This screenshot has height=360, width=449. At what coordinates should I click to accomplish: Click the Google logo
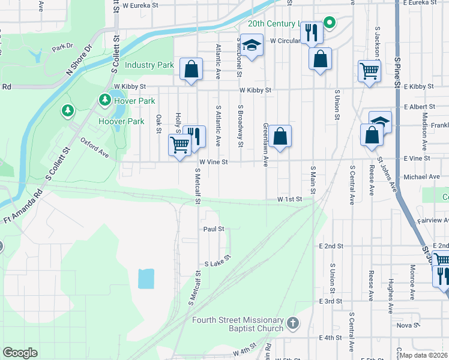pyautogui.click(x=20, y=353)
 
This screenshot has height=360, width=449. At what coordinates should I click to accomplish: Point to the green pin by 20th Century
pyautogui.click(x=329, y=23)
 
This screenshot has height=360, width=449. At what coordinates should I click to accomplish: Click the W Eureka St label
pyautogui.click(x=140, y=5)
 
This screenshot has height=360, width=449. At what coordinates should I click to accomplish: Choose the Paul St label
pyautogui.click(x=213, y=229)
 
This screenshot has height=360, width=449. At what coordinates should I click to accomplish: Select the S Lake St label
pyautogui.click(x=218, y=263)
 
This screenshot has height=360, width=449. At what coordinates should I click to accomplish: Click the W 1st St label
pyautogui.click(x=288, y=199)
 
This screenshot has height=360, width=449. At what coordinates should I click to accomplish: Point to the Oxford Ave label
pyautogui.click(x=95, y=148)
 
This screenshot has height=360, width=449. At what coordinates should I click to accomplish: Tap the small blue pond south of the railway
pyautogui.click(x=146, y=278)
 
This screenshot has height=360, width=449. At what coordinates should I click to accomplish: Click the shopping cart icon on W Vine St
pyautogui.click(x=180, y=145)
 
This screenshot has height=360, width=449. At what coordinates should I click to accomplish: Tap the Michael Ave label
pyautogui.click(x=422, y=177)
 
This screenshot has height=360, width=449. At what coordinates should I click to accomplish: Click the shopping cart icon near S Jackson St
pyautogui.click(x=369, y=71)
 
